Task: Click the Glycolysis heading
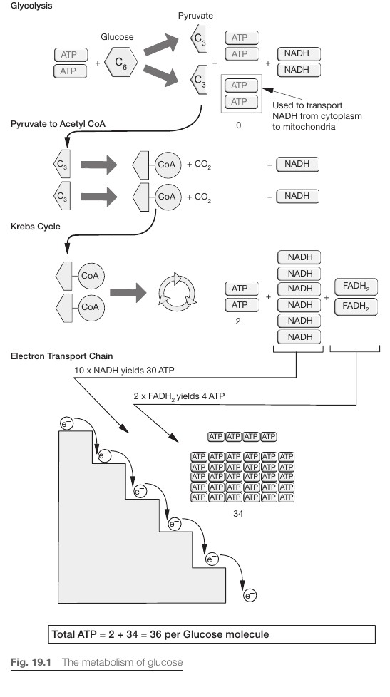pyautogui.click(x=31, y=6)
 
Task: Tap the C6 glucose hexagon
pyautogui.click(x=121, y=62)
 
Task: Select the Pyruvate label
pyautogui.click(x=195, y=16)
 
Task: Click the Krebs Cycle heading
pyautogui.click(x=35, y=226)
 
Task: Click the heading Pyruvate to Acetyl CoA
pyautogui.click(x=58, y=123)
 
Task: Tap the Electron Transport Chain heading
pyautogui.click(x=61, y=356)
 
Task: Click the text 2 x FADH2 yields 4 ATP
pyautogui.click(x=179, y=396)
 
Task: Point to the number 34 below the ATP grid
pyautogui.click(x=238, y=514)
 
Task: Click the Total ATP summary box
pyautogui.click(x=212, y=634)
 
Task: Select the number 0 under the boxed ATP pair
pyautogui.click(x=238, y=125)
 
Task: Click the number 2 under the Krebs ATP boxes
pyautogui.click(x=238, y=321)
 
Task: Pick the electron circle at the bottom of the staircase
pyautogui.click(x=250, y=596)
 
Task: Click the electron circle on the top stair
pyautogui.click(x=66, y=424)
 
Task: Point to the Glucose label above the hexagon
pyautogui.click(x=117, y=37)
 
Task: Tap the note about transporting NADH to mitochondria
pyautogui.click(x=317, y=116)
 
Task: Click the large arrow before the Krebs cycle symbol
pyautogui.click(x=128, y=292)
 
